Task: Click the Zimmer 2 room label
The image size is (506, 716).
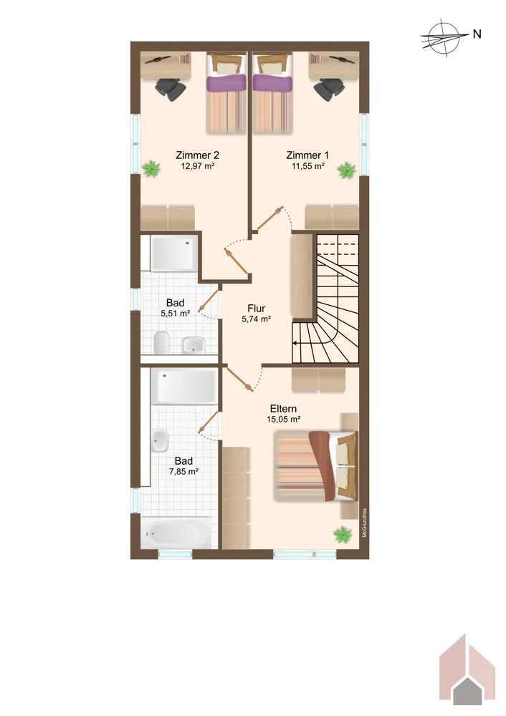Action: click(x=198, y=155)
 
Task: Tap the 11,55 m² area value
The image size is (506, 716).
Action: click(x=308, y=166)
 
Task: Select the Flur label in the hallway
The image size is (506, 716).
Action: click(x=257, y=309)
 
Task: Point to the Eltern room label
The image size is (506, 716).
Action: click(x=283, y=409)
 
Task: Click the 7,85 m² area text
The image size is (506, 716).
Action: click(x=183, y=472)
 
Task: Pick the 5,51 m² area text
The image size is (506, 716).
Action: click(x=175, y=314)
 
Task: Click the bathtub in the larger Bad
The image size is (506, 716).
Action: click(x=176, y=533)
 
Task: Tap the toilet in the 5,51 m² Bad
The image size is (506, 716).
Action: click(x=162, y=342)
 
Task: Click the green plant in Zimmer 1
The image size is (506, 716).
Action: click(x=346, y=170)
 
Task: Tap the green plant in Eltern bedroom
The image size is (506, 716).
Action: click(x=343, y=534)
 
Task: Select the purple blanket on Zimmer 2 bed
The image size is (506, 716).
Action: click(x=226, y=83)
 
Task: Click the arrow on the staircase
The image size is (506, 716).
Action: click(x=302, y=343)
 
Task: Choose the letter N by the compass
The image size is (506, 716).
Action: click(x=477, y=34)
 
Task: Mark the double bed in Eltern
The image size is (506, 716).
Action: click(x=315, y=466)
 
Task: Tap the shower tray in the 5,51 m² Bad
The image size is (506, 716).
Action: click(x=174, y=253)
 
